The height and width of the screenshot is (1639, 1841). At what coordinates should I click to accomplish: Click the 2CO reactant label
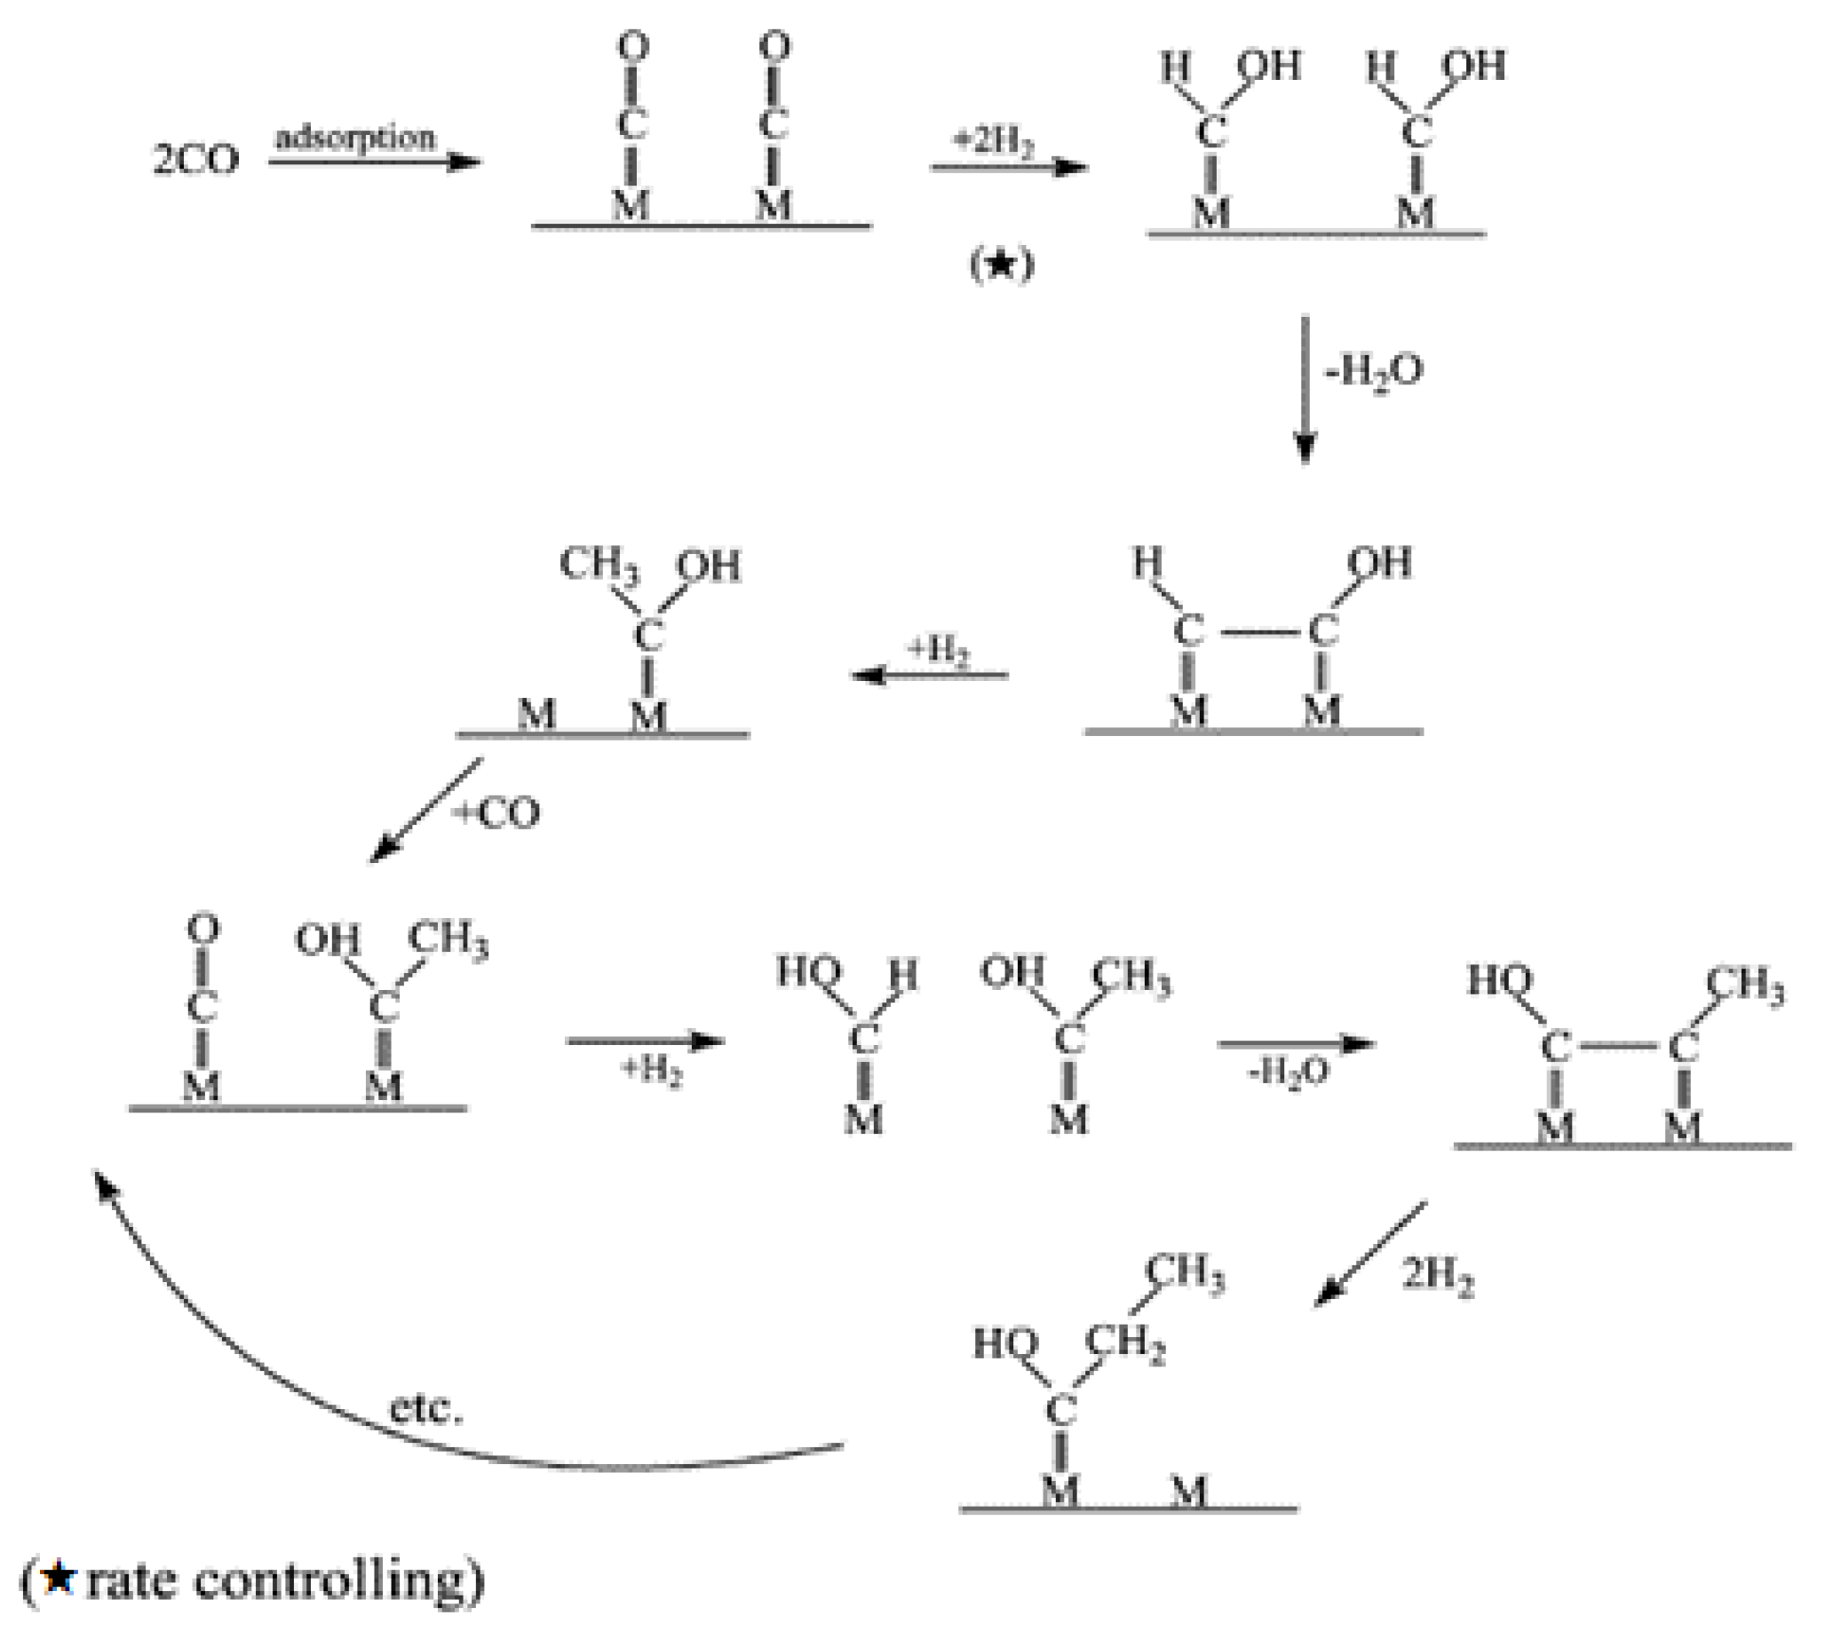click(195, 161)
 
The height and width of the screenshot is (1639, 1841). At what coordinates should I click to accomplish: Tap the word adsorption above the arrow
click(355, 138)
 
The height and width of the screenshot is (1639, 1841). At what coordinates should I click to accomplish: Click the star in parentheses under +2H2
click(1002, 265)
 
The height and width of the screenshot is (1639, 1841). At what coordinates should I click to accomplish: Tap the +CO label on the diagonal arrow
click(498, 813)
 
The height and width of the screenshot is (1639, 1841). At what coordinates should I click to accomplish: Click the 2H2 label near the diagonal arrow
click(1438, 1276)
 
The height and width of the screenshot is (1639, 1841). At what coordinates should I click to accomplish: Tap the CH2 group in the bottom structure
click(1125, 1342)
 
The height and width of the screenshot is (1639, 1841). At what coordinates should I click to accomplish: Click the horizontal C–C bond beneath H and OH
click(1257, 633)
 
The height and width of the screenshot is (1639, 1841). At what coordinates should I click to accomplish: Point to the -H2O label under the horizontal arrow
click(1289, 1072)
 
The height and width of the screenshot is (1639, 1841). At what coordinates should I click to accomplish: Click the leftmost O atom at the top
click(632, 47)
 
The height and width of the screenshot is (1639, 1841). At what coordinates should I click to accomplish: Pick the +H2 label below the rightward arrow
click(651, 1071)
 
